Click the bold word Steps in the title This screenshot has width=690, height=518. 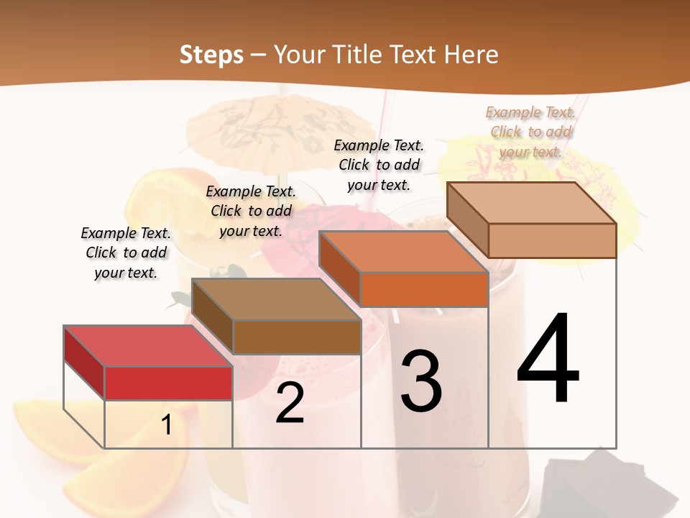211,55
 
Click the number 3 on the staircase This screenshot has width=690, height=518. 421,381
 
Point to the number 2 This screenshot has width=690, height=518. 290,403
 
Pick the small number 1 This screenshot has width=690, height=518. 167,425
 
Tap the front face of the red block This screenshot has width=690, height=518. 168,383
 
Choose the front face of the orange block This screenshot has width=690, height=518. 424,289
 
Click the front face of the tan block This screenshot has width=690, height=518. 552,240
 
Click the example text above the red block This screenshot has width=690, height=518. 126,253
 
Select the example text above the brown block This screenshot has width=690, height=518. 251,211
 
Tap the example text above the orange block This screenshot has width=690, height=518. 379,165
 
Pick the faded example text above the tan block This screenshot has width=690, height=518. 530,132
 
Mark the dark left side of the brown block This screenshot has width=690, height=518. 213,317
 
